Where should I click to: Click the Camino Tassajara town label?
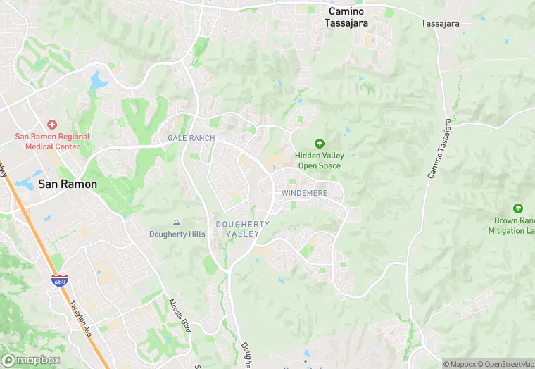tap(347, 17)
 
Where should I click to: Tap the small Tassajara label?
tap(440, 23)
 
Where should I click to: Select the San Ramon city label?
tap(67, 184)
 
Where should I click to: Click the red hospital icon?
tap(52, 124)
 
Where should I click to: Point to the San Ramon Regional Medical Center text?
tap(53, 142)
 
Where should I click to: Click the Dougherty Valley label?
tap(242, 229)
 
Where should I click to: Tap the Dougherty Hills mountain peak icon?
tap(177, 223)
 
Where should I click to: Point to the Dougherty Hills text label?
tap(177, 234)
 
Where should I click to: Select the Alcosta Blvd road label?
tap(181, 314)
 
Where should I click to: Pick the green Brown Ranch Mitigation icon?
tap(519, 208)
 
